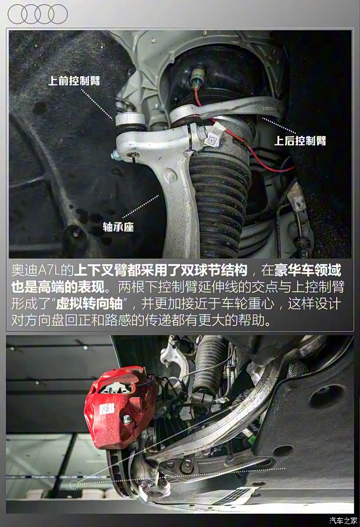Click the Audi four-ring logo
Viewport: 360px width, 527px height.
(38, 14)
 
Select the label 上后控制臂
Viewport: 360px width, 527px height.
(300, 140)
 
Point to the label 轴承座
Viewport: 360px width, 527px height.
(118, 228)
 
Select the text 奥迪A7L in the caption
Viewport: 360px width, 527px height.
(34, 271)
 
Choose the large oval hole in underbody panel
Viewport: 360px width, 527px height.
(327, 396)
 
